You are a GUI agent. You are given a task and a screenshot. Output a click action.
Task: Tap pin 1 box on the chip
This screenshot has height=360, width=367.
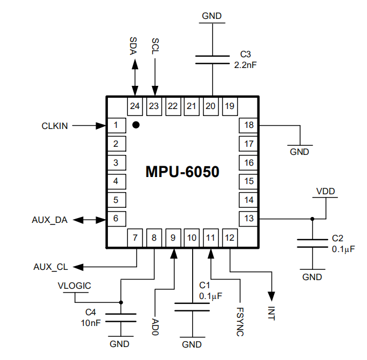[x=116, y=126]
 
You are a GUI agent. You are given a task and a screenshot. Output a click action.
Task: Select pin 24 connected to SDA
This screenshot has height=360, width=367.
[x=135, y=106]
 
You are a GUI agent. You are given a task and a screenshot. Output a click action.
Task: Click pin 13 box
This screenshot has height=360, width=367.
[x=249, y=219]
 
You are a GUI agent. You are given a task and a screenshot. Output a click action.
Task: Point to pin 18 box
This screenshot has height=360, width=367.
[x=249, y=126]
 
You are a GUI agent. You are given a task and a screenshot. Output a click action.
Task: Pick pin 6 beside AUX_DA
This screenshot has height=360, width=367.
[x=116, y=219]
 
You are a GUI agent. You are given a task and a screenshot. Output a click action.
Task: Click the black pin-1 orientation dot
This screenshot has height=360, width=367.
[x=137, y=125]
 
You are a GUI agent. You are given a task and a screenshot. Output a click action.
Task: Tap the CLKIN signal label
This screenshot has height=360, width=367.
[x=55, y=126]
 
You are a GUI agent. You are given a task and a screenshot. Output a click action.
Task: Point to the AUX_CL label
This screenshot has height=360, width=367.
[x=50, y=267]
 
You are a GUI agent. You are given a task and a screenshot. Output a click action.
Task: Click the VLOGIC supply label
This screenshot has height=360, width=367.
[x=74, y=286]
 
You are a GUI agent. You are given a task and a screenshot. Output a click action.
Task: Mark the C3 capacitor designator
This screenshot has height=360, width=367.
[x=246, y=55]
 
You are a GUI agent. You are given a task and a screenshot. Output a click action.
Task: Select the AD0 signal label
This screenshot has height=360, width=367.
[x=155, y=325]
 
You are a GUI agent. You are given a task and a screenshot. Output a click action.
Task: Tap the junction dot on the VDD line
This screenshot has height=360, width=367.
[x=312, y=219]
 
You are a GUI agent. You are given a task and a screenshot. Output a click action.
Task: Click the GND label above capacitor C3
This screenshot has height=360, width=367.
[x=212, y=16]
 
